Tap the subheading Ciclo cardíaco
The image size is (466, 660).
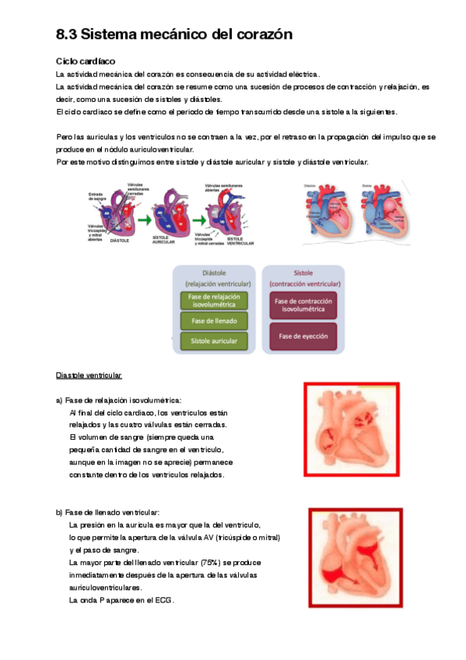[x=86, y=61]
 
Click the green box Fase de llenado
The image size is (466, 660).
[x=213, y=320]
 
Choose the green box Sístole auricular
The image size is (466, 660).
[x=213, y=340]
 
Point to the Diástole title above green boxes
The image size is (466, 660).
[x=213, y=274]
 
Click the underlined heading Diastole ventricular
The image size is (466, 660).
[x=89, y=376]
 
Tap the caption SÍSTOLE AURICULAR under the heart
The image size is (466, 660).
[x=165, y=240]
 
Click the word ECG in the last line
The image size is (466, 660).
[x=163, y=601]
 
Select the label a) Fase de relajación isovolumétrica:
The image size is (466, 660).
[x=118, y=400]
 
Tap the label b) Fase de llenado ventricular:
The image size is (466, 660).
[x=107, y=512]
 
